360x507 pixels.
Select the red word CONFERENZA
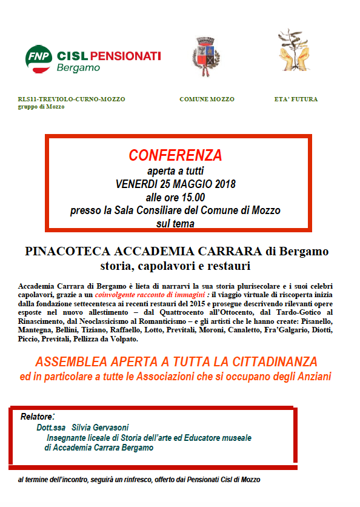tap(175, 155)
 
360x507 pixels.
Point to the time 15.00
tap(192, 197)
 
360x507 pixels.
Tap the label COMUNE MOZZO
tap(207, 99)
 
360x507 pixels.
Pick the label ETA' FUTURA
tap(296, 99)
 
